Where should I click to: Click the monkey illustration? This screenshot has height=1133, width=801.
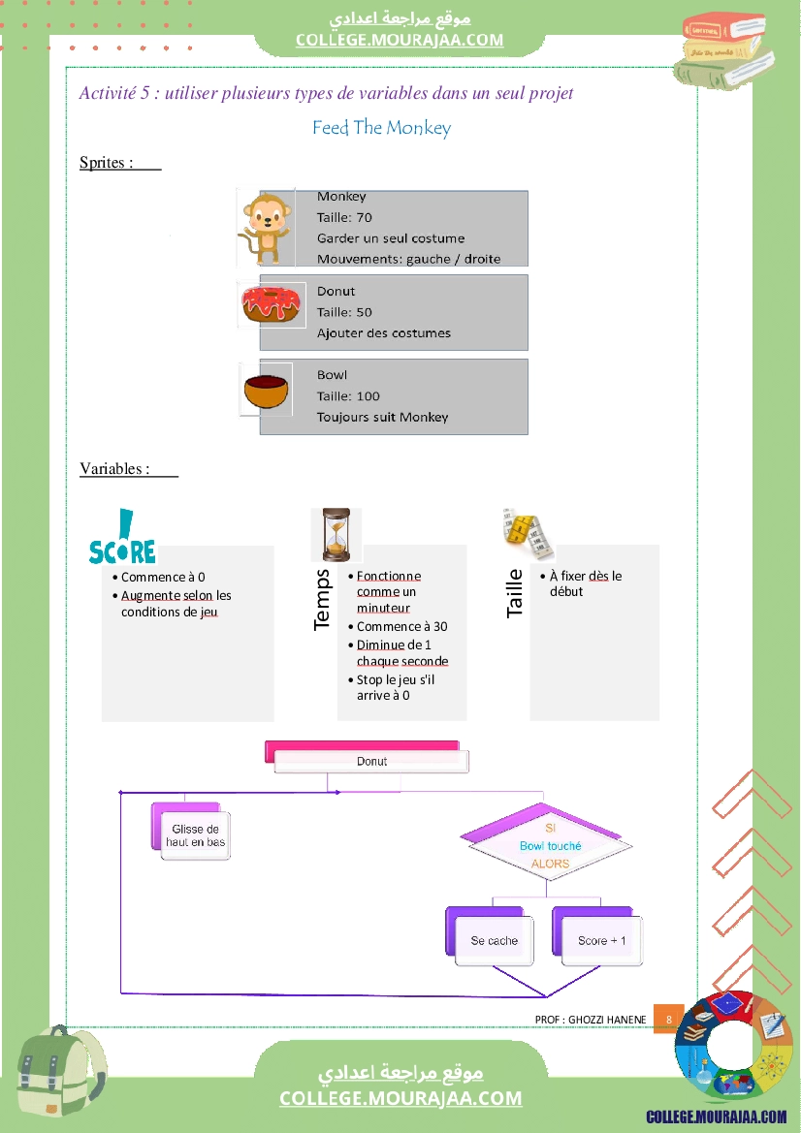(x=265, y=228)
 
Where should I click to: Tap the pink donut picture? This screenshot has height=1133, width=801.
(x=271, y=304)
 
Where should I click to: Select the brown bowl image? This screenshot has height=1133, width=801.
(x=266, y=391)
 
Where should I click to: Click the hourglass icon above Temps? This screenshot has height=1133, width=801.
(x=336, y=535)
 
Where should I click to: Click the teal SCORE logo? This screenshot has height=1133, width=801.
(x=122, y=537)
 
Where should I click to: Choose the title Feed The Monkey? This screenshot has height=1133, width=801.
(x=382, y=128)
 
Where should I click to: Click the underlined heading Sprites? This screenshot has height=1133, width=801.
(x=107, y=163)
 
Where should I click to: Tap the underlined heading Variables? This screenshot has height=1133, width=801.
(x=115, y=469)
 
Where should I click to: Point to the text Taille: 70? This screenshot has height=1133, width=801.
(x=344, y=217)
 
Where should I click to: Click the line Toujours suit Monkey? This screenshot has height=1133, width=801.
(x=382, y=417)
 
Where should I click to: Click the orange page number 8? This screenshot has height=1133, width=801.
(x=669, y=1020)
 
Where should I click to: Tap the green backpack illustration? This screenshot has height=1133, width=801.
(x=60, y=1069)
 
